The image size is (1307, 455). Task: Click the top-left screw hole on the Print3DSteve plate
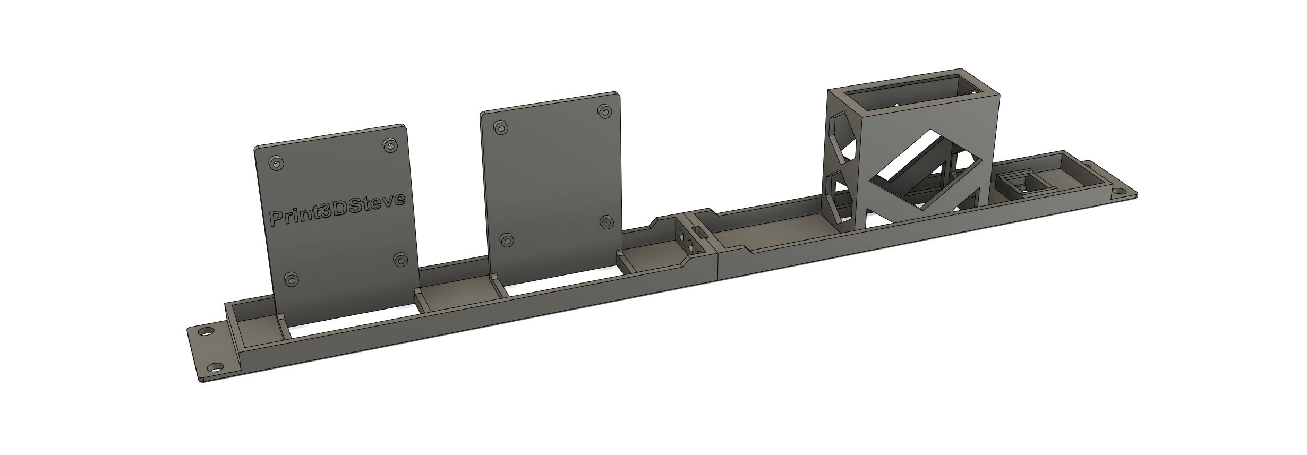pyautogui.click(x=276, y=163)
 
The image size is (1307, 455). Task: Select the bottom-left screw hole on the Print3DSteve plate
pyautogui.click(x=291, y=279)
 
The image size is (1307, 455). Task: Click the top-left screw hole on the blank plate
pyautogui.click(x=500, y=128)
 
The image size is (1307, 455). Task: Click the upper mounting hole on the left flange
pyautogui.click(x=203, y=332)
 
